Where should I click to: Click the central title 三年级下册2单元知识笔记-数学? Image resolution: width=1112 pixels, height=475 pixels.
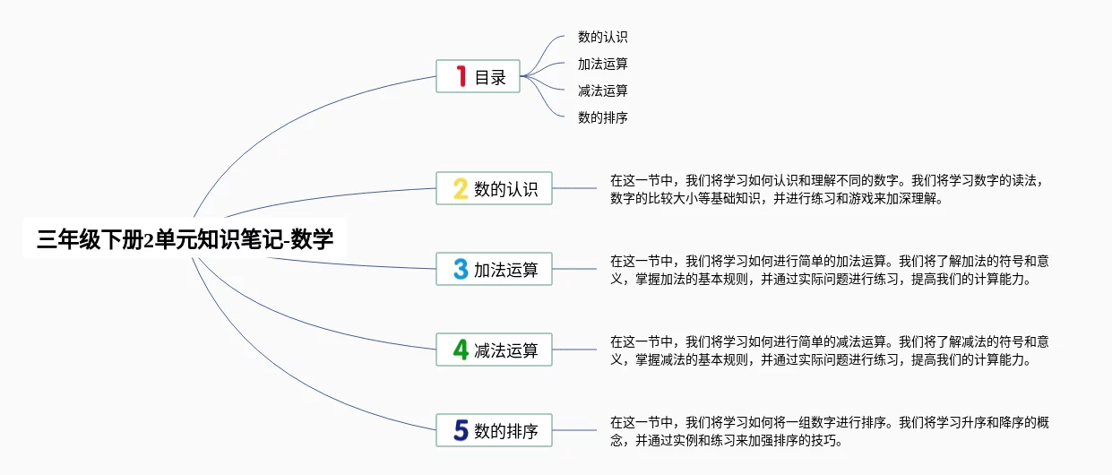click(185, 239)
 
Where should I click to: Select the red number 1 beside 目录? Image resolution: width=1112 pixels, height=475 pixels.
click(461, 76)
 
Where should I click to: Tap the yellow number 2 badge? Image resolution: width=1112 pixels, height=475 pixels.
click(461, 188)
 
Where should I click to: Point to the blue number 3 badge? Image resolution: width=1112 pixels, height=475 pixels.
click(461, 269)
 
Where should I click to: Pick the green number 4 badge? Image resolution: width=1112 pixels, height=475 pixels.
click(461, 350)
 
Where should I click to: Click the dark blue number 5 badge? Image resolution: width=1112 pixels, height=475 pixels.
click(461, 430)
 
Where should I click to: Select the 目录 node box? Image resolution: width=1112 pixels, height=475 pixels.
click(478, 76)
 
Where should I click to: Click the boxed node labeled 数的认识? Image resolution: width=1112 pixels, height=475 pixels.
click(494, 188)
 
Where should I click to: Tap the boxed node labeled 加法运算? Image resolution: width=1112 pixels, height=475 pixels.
click(494, 269)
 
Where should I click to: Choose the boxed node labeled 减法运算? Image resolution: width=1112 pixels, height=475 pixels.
click(494, 350)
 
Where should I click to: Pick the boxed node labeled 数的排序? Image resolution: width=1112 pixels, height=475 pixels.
click(494, 430)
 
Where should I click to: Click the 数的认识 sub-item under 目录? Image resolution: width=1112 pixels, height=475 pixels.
click(603, 37)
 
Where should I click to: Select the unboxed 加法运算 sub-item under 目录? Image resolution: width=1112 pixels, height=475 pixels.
click(603, 64)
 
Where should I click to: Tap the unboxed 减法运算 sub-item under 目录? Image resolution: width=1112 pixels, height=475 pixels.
click(603, 91)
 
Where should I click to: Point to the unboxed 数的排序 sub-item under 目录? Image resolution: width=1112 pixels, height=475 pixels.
click(603, 117)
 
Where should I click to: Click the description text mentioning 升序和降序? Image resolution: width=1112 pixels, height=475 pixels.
click(830, 431)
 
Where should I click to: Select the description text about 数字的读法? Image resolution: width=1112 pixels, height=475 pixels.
click(828, 189)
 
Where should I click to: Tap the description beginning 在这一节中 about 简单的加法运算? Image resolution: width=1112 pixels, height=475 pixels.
click(830, 270)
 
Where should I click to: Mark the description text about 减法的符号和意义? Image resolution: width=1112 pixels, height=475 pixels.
click(830, 350)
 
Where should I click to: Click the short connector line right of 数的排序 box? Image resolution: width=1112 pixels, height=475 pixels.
click(574, 430)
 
